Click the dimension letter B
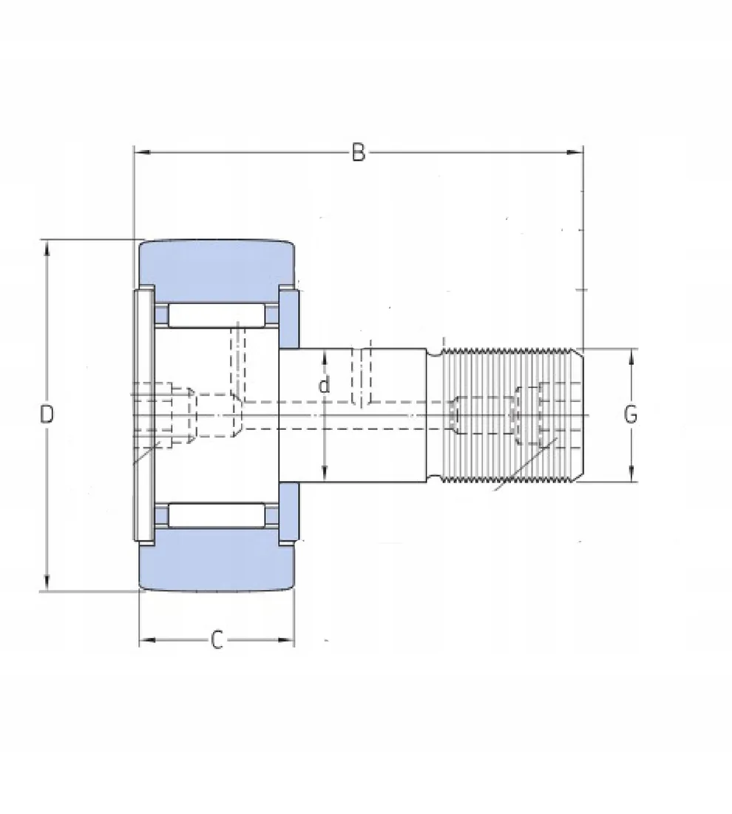click(359, 152)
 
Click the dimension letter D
click(47, 414)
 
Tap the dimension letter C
click(217, 639)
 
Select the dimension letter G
click(630, 414)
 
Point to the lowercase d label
click(324, 386)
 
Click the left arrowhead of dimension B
click(142, 152)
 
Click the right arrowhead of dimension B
click(575, 152)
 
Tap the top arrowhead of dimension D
click(47, 249)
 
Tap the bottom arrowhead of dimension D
click(47, 582)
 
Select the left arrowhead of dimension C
click(147, 639)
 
